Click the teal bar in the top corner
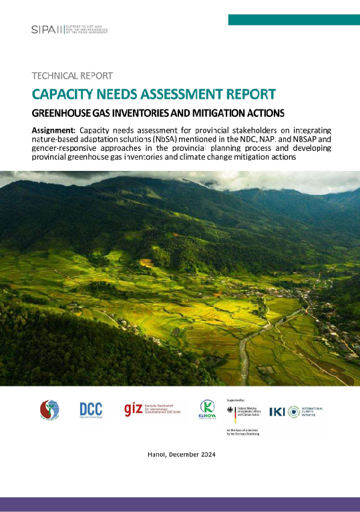[293, 19]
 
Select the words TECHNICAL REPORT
[72, 75]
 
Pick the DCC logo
[90, 409]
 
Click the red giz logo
[134, 409]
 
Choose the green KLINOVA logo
[207, 409]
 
